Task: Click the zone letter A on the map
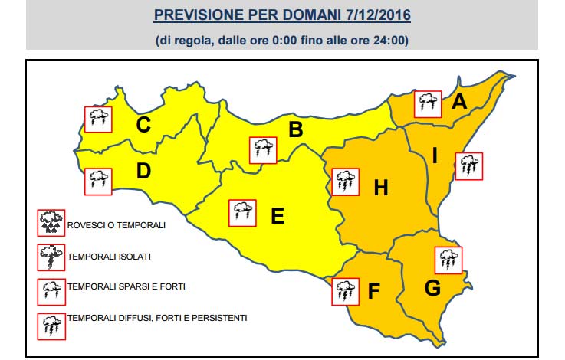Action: coord(459,101)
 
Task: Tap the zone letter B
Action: coord(295,130)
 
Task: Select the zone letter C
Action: coord(143,124)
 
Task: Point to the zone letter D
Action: coord(143,172)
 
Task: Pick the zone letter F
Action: coord(373,291)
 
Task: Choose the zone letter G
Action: coord(432,290)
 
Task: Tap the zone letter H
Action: coord(381,187)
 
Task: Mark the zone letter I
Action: coord(435,157)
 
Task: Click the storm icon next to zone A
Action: coord(428,103)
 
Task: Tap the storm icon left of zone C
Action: coord(98,119)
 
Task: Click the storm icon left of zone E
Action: coord(243,211)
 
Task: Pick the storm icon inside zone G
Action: coord(448,260)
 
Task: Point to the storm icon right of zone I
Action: coord(468,166)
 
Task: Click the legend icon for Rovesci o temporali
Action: coord(52,223)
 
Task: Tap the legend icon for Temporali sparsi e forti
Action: coord(52,290)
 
